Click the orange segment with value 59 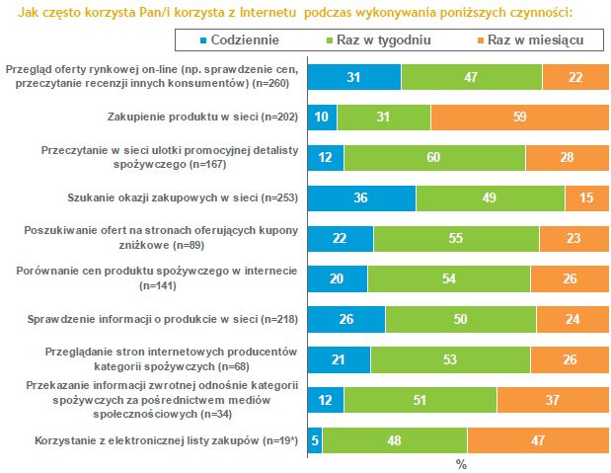[x=517, y=118]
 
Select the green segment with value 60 [x=434, y=158]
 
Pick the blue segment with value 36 [x=362, y=198]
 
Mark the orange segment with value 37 [x=551, y=400]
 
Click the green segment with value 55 [x=456, y=239]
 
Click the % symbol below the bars [x=460, y=463]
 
